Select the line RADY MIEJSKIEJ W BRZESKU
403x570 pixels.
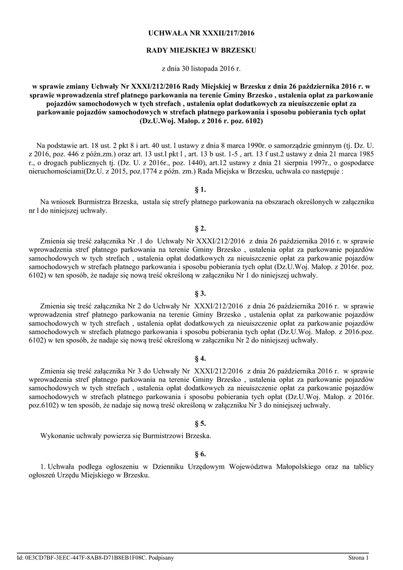pyautogui.click(x=201, y=51)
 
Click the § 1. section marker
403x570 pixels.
pyautogui.click(x=201, y=190)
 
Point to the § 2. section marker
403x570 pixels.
pyautogui.click(x=201, y=228)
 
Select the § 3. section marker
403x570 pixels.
pyautogui.click(x=201, y=293)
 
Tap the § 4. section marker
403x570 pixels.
pyautogui.click(x=201, y=358)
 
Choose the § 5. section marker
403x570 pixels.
pyautogui.click(x=201, y=423)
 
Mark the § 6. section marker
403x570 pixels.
pyautogui.click(x=201, y=454)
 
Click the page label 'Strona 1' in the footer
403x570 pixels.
pyautogui.click(x=359, y=557)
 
